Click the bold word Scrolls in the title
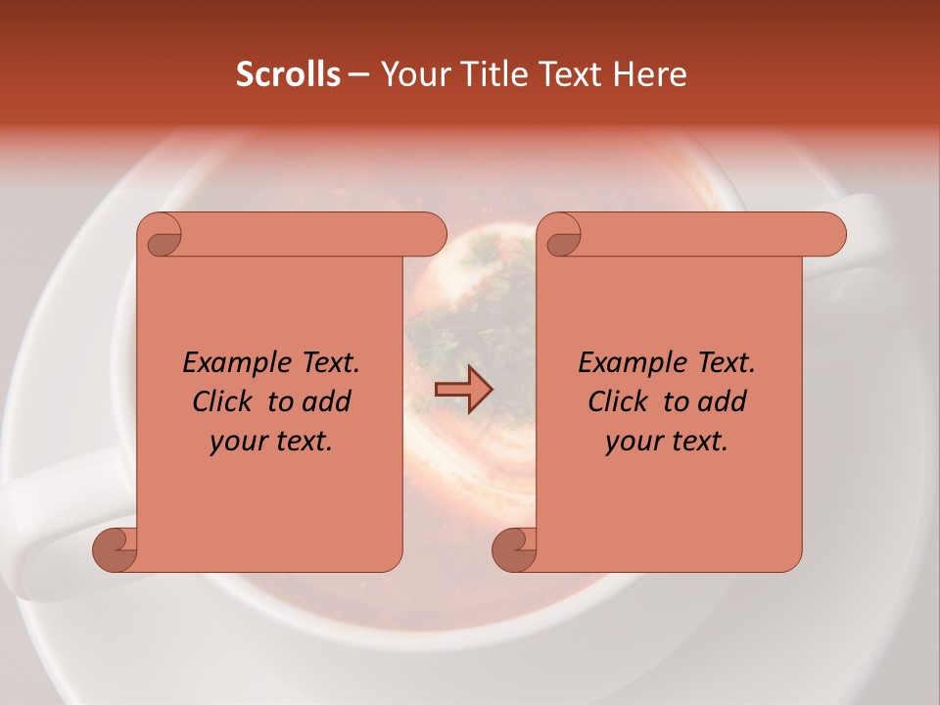point(288,74)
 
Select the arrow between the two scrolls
point(463,391)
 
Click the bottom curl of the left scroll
point(116,549)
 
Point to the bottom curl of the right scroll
point(515,549)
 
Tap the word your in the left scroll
point(235,442)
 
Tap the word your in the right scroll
point(631,442)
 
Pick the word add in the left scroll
point(325,401)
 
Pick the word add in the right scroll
point(721,401)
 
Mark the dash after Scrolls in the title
point(358,74)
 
